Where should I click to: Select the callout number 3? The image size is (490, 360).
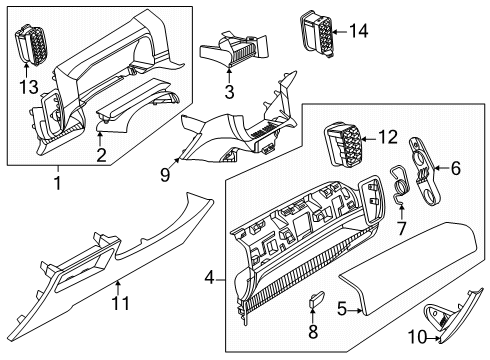click(x=229, y=93)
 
